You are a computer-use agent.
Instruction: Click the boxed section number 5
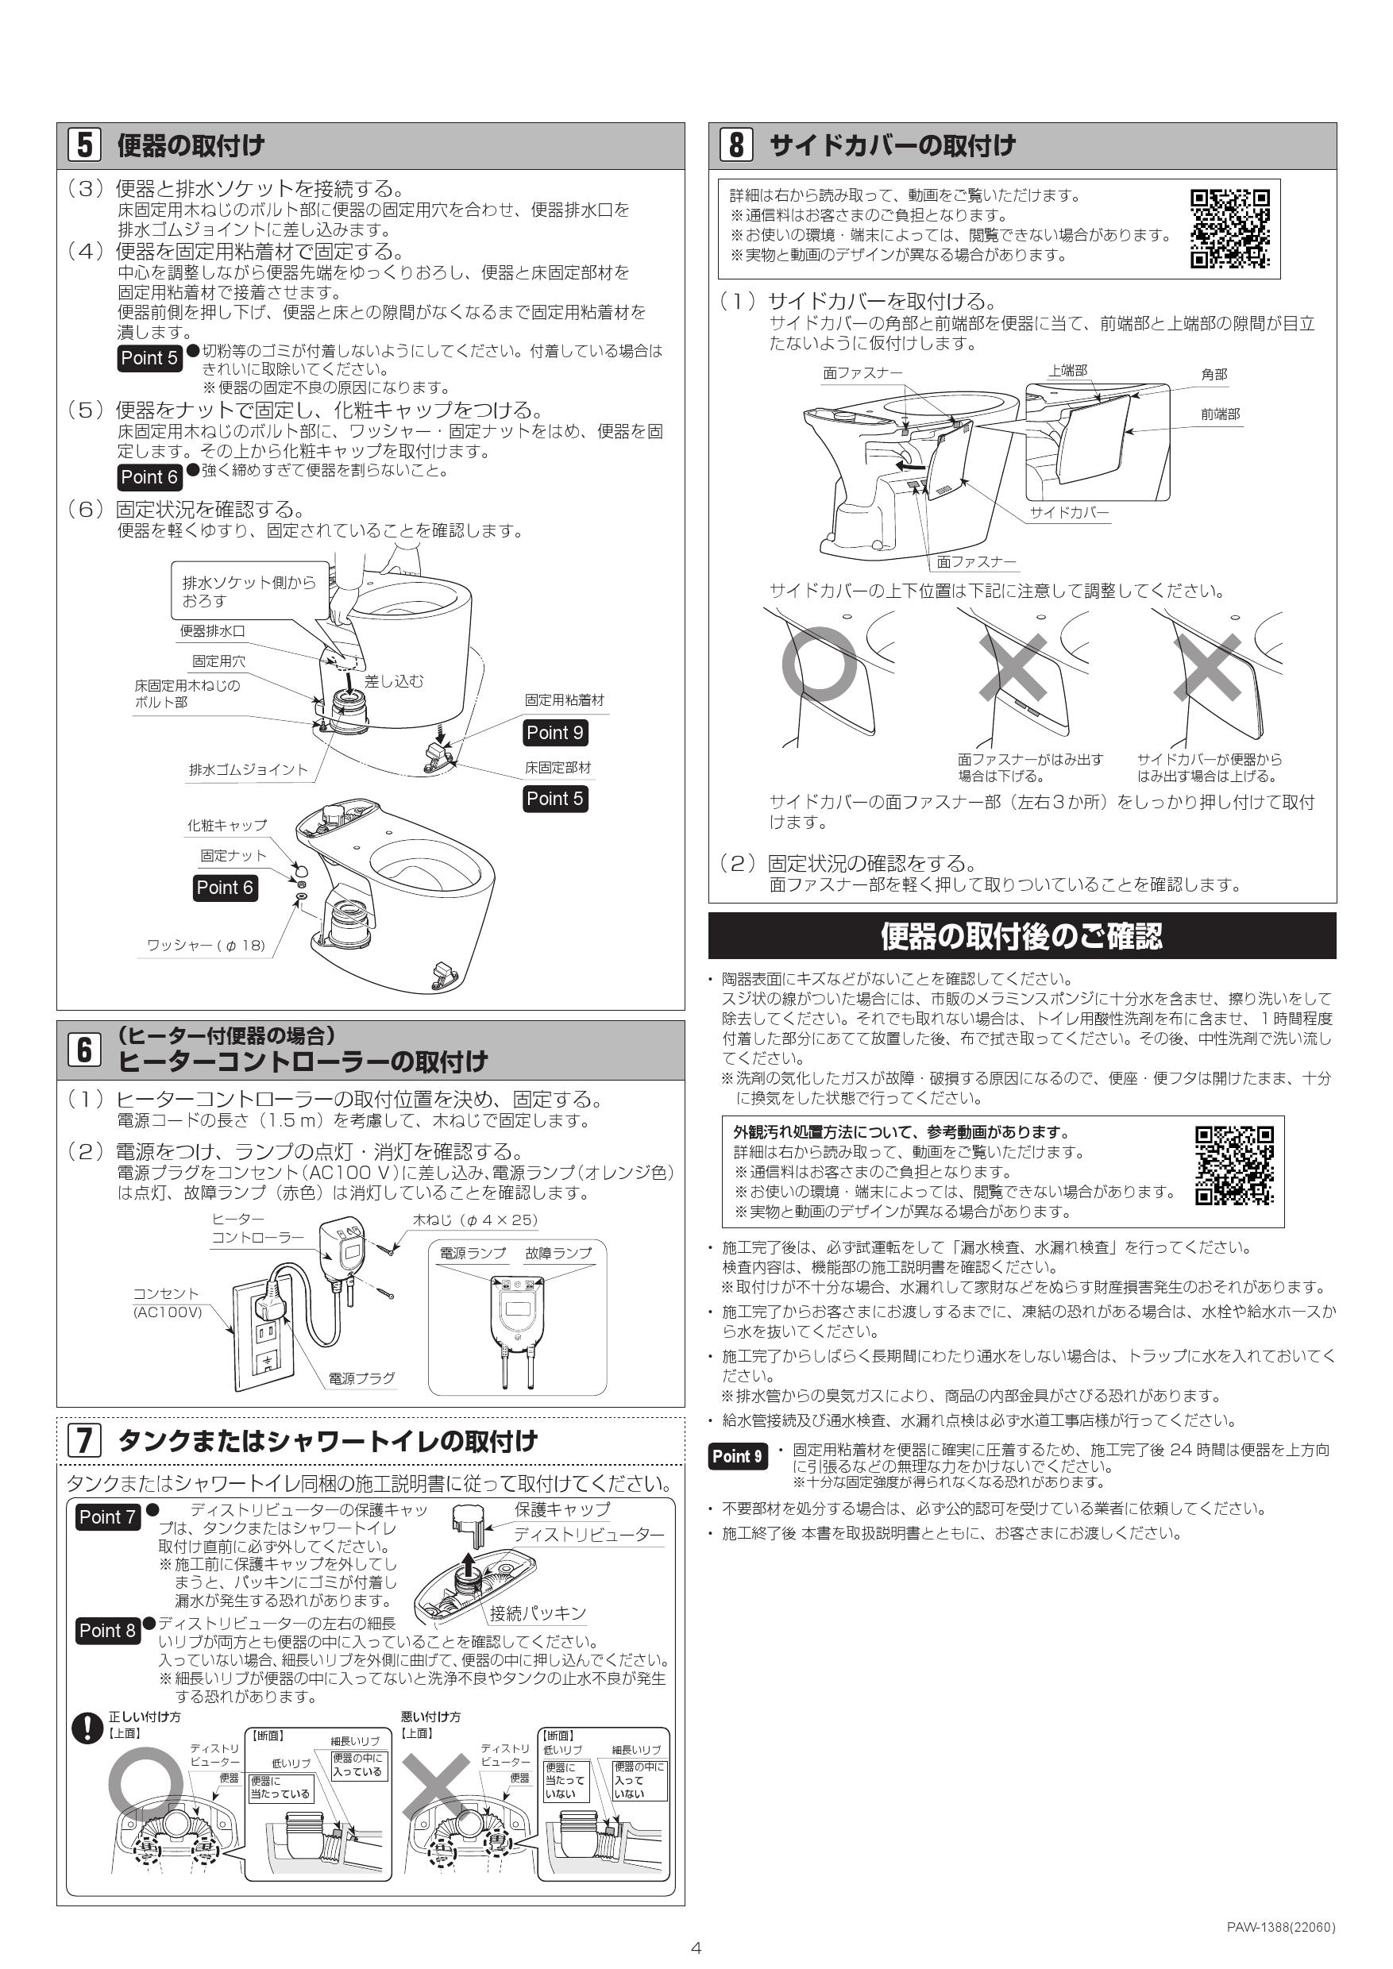(x=84, y=145)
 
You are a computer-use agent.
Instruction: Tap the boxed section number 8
(x=736, y=145)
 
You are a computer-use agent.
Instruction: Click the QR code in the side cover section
(x=1229, y=229)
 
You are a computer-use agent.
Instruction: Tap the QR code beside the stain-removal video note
(x=1234, y=1166)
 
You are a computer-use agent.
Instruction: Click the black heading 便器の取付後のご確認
(x=1021, y=935)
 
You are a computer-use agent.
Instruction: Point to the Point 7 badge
(x=107, y=1517)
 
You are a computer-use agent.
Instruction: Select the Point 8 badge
(x=107, y=1630)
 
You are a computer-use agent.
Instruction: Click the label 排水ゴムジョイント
(x=248, y=769)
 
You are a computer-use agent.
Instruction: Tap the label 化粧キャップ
(x=227, y=825)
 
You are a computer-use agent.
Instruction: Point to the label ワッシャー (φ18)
(x=206, y=945)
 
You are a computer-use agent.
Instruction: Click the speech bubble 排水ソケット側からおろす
(x=249, y=591)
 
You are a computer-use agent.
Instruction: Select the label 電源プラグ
(x=362, y=1378)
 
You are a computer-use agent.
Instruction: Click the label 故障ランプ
(x=558, y=1253)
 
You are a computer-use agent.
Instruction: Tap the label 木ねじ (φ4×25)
(x=475, y=1220)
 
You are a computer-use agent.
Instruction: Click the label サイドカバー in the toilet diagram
(x=1069, y=512)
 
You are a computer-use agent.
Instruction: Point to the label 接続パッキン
(x=538, y=1613)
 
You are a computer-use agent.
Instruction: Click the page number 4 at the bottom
(x=696, y=1948)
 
